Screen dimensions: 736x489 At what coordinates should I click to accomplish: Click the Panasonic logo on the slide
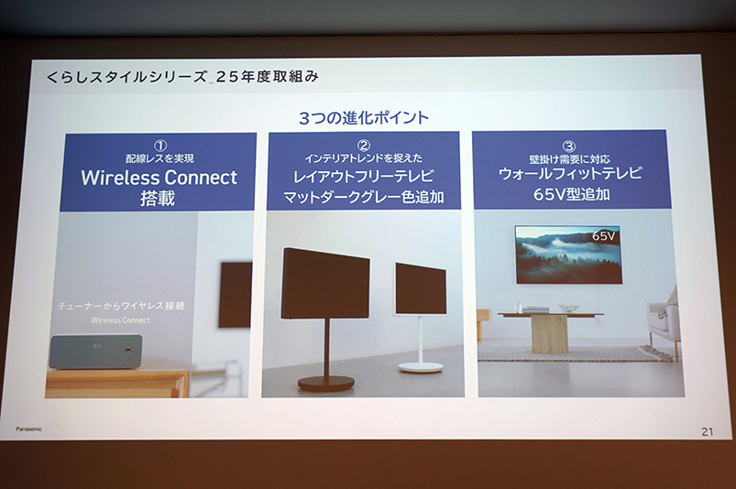28,429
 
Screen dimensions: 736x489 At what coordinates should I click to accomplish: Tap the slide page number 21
707,432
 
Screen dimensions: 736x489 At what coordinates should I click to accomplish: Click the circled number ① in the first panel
160,146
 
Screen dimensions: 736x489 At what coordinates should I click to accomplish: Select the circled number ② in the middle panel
364,146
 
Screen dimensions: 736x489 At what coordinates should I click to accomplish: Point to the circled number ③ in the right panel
569,147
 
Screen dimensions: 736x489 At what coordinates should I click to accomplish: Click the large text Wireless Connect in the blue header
159,178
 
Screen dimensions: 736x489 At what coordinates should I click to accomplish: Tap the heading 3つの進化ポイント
364,117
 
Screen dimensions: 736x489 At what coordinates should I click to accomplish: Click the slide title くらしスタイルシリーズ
126,76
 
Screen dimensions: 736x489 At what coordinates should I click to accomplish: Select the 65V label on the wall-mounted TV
604,235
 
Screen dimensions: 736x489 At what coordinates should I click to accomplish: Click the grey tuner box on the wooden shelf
96,351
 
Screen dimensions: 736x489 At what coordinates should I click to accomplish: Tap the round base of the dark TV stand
325,384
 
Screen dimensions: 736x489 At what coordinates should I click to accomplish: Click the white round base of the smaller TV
421,367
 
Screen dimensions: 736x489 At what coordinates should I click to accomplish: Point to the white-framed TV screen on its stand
421,288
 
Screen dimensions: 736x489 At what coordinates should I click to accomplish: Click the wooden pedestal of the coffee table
549,334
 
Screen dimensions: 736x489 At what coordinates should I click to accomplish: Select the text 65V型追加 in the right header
571,194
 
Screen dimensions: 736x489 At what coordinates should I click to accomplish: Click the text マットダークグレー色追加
364,198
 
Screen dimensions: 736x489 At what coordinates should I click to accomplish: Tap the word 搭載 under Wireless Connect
158,199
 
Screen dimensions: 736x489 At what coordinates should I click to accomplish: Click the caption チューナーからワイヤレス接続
121,306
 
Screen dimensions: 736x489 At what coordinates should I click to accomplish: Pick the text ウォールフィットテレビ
570,173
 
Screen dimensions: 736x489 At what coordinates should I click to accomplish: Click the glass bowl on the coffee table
568,308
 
